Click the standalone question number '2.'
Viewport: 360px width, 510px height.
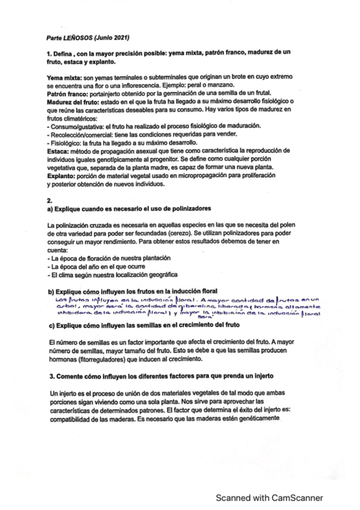click(x=49, y=200)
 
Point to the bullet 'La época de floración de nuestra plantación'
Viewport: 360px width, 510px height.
click(x=107, y=257)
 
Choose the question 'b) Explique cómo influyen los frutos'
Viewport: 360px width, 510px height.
click(x=131, y=290)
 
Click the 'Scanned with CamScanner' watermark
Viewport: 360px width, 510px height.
click(x=269, y=498)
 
